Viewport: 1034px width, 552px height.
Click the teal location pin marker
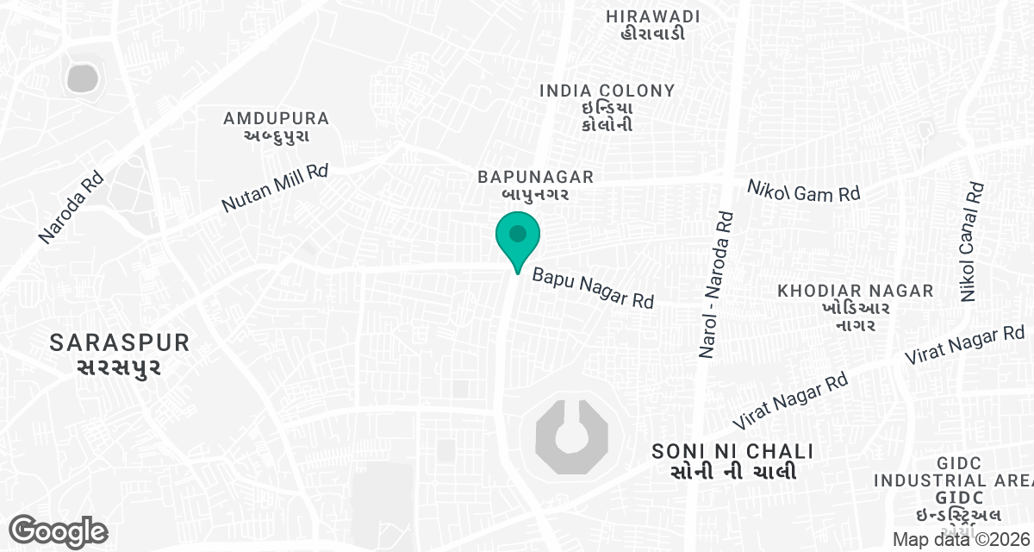click(517, 236)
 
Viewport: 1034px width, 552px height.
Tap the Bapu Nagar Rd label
click(593, 289)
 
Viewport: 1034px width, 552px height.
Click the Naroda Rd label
click(71, 206)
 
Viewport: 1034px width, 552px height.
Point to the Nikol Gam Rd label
click(803, 191)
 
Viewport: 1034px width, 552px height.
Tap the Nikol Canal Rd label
click(972, 241)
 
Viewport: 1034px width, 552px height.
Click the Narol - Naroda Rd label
click(715, 285)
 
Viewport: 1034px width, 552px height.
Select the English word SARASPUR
click(120, 342)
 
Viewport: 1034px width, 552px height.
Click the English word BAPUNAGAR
click(536, 177)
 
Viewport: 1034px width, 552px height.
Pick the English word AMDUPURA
click(276, 118)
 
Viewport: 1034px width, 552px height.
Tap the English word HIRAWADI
click(652, 16)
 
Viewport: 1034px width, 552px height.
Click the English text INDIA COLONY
click(607, 91)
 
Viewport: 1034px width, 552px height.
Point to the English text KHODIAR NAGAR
click(856, 291)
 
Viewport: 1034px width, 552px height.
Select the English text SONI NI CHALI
click(733, 451)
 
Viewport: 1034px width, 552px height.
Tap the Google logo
click(58, 531)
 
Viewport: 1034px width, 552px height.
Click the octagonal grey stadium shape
click(571, 436)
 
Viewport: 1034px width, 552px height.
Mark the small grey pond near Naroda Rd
click(82, 78)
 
